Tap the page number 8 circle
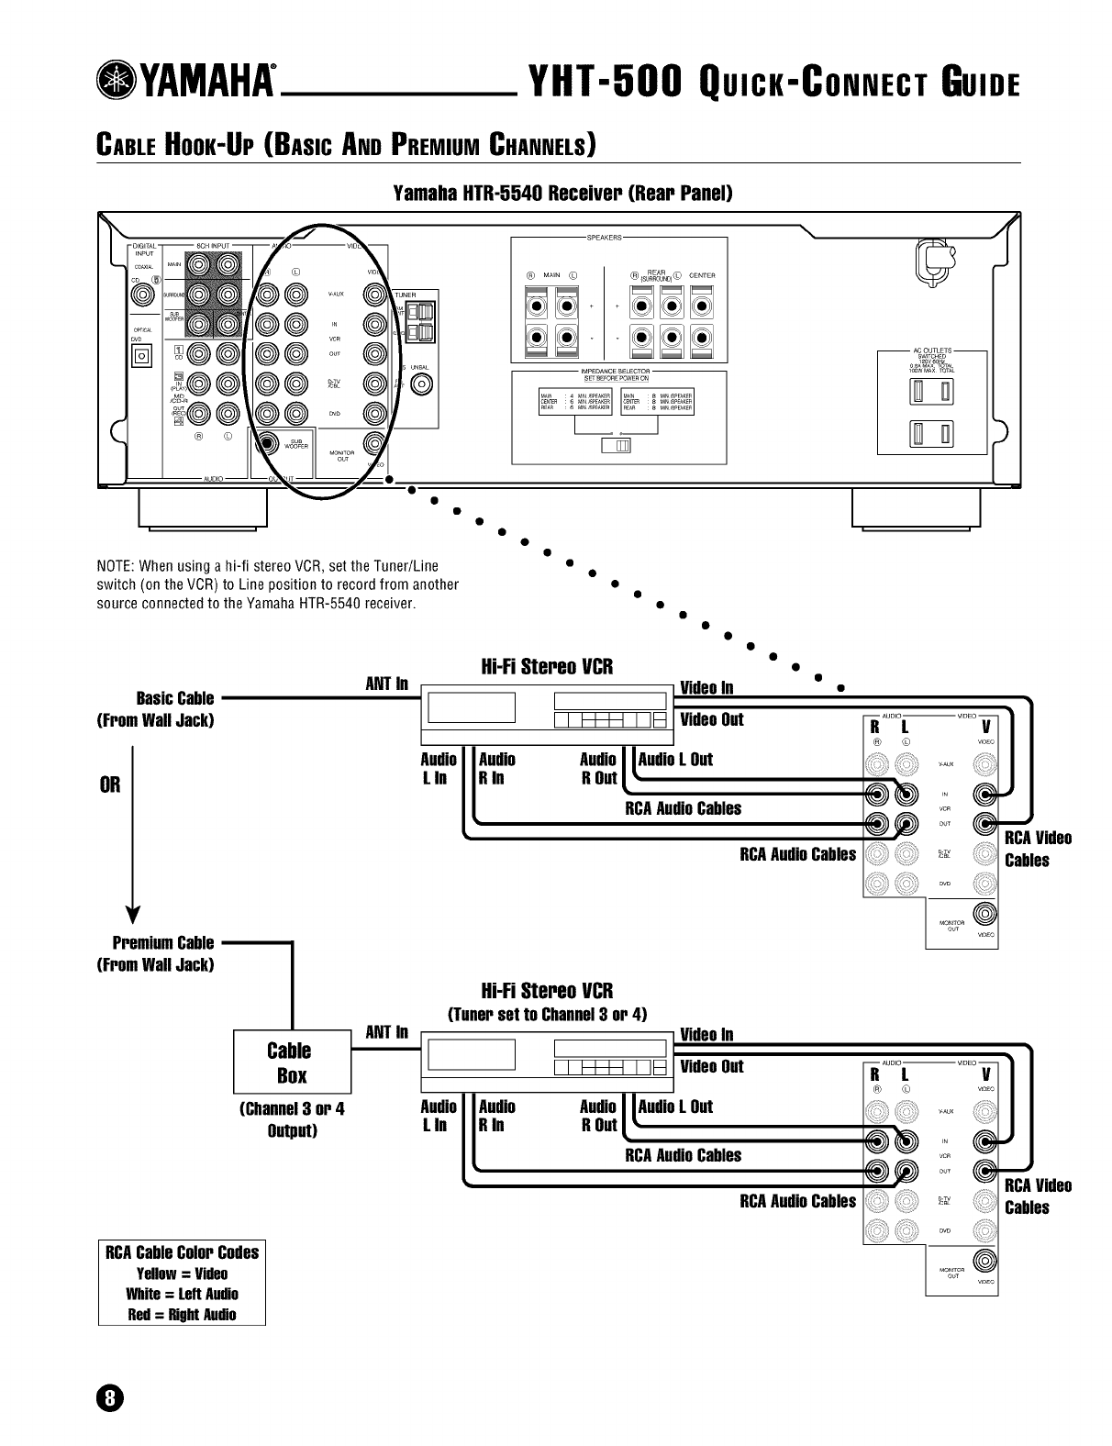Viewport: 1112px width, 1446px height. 109,1397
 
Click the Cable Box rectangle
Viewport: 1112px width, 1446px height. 291,1062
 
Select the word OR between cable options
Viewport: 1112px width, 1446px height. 110,785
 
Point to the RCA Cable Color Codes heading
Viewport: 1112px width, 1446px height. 182,1252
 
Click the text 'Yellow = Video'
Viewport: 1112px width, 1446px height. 182,1274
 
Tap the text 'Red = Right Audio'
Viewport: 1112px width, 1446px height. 182,1315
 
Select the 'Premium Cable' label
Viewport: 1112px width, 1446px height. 162,942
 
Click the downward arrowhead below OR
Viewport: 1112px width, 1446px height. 134,917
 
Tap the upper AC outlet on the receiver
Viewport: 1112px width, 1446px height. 930,394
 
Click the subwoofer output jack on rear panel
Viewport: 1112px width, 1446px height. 267,444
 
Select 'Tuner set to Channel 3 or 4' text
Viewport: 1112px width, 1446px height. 547,1014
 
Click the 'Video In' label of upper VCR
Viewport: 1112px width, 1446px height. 706,688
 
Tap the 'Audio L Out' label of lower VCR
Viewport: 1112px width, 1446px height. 675,1107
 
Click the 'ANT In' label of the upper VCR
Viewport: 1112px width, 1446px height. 386,684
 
